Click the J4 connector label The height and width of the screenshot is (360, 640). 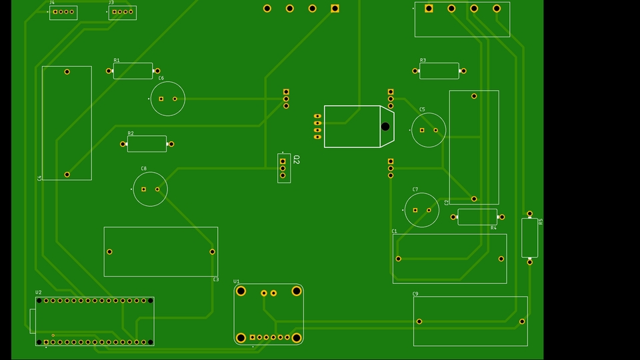pyautogui.click(x=52, y=3)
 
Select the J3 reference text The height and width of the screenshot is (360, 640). pyautogui.click(x=111, y=3)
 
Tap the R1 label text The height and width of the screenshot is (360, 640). pyautogui.click(x=117, y=60)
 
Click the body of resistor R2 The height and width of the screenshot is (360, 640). pyautogui.click(x=147, y=144)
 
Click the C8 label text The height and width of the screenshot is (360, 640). pyautogui.click(x=144, y=169)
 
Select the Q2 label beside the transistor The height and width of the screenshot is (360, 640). pyautogui.click(x=297, y=160)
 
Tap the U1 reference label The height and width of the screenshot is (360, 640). pyautogui.click(x=237, y=281)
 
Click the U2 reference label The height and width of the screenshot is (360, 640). pyautogui.click(x=38, y=293)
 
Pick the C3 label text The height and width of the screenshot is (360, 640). pyautogui.click(x=215, y=279)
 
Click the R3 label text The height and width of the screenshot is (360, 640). pyautogui.click(x=423, y=60)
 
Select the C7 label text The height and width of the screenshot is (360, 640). pyautogui.click(x=415, y=189)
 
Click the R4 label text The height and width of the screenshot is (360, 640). pyautogui.click(x=493, y=228)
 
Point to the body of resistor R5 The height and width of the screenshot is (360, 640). pyautogui.click(x=529, y=238)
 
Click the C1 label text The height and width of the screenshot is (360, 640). pyautogui.click(x=394, y=231)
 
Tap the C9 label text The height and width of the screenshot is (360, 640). pyautogui.click(x=415, y=293)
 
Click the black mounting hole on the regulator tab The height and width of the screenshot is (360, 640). pyautogui.click(x=385, y=127)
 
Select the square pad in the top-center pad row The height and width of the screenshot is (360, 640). pyautogui.click(x=335, y=9)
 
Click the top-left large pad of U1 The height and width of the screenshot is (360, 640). pyautogui.click(x=241, y=291)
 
